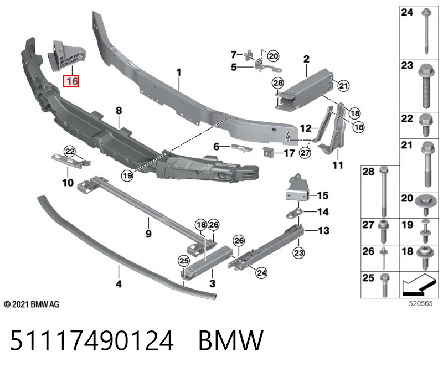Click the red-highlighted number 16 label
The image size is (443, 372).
71,81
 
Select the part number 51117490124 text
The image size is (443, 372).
92,340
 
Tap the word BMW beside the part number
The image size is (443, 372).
231,340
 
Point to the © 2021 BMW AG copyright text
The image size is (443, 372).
32,304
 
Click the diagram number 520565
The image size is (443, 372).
421,303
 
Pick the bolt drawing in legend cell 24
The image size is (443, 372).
426,32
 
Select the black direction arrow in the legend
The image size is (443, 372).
418,285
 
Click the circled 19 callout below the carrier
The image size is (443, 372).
127,175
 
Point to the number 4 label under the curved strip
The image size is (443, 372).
119,283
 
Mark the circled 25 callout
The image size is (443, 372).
184,260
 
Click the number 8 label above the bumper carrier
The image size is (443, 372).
119,111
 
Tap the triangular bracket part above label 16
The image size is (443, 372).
67,56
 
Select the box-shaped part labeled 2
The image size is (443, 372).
305,89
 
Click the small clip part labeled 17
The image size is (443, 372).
268,152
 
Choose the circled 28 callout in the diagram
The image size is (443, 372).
278,83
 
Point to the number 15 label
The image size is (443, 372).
323,195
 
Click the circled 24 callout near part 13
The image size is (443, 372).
261,273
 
